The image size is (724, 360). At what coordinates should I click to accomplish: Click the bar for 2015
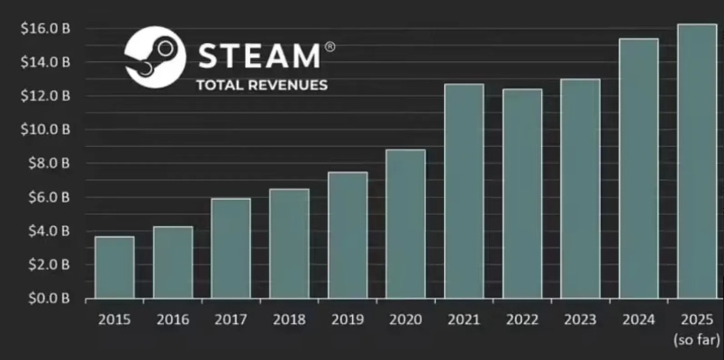(x=114, y=267)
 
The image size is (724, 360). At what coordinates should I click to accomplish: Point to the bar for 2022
(x=522, y=193)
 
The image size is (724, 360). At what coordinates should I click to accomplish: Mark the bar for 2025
(x=697, y=161)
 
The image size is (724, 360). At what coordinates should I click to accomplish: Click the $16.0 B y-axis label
(x=45, y=28)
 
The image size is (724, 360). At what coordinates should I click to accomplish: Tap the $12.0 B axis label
(x=45, y=95)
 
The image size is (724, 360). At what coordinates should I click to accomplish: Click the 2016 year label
(x=173, y=319)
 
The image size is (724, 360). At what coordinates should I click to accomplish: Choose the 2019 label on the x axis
(x=348, y=319)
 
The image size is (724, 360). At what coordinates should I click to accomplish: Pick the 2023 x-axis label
(x=580, y=319)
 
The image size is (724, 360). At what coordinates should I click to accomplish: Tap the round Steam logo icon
(x=155, y=57)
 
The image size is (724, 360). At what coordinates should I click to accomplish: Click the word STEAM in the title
(x=258, y=56)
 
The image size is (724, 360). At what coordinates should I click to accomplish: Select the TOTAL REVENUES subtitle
(x=262, y=85)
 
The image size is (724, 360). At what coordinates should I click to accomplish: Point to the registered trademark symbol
(x=330, y=46)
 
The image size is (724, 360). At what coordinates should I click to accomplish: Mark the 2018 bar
(x=289, y=243)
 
